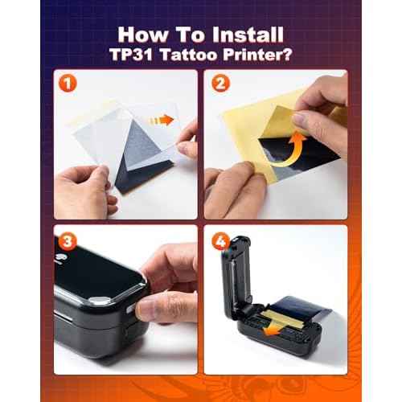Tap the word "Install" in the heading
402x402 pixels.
250,35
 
